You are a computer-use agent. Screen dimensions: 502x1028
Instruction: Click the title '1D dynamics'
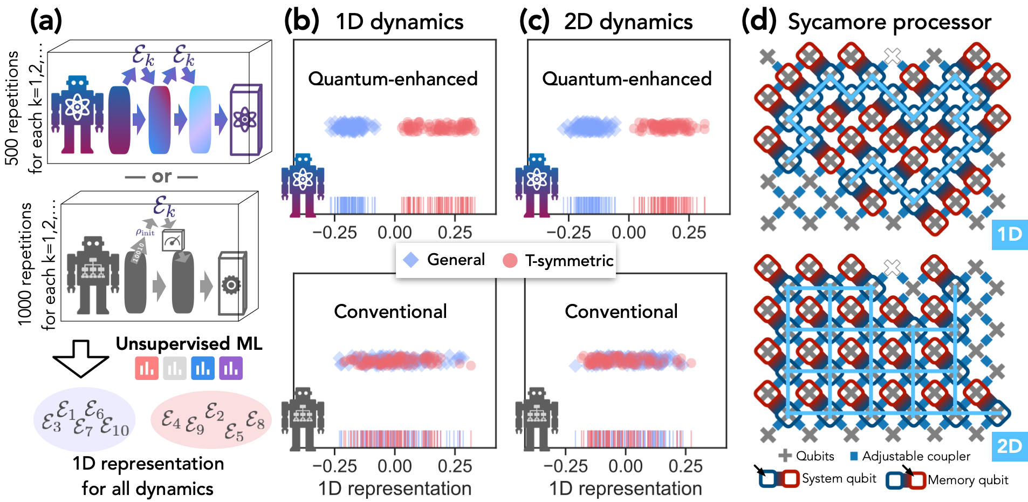click(x=399, y=22)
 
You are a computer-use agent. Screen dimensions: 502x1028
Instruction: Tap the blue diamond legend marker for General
click(x=411, y=260)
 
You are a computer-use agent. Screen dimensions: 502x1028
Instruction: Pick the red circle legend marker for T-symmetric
click(x=510, y=261)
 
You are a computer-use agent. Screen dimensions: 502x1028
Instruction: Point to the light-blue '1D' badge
click(x=1009, y=234)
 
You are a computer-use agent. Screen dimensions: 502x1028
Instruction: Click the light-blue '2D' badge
click(x=1009, y=446)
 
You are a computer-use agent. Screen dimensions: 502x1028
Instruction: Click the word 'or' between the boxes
click(x=161, y=177)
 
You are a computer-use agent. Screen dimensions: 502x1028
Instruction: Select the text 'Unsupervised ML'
click(x=189, y=344)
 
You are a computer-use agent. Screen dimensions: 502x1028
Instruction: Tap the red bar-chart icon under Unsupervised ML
click(x=146, y=369)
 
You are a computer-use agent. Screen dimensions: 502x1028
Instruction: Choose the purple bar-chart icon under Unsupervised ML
click(x=231, y=369)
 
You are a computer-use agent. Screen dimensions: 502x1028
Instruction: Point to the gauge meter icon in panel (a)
click(x=173, y=241)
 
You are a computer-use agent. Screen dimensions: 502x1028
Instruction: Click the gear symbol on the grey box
click(x=231, y=284)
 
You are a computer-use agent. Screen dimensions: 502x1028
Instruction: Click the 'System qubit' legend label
click(x=839, y=479)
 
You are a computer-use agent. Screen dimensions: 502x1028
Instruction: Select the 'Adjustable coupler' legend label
click(x=916, y=457)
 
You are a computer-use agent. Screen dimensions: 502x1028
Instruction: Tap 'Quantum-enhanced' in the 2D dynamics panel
click(x=627, y=79)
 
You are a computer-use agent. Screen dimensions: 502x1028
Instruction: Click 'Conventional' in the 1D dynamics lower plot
click(x=390, y=311)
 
